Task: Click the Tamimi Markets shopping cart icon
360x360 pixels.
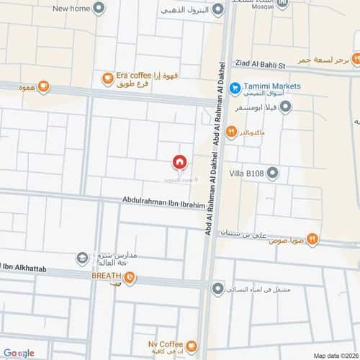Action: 235,87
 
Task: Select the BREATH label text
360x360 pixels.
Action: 104,276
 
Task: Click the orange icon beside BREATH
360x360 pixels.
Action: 128,276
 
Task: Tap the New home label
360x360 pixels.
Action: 71,9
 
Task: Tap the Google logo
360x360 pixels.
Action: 18,353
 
